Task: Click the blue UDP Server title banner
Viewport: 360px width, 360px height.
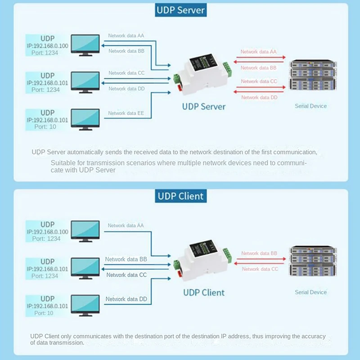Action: coord(180,10)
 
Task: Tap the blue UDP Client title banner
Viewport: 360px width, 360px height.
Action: coord(180,196)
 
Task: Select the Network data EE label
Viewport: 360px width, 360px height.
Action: coord(126,113)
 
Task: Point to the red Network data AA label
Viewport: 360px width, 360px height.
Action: coord(259,52)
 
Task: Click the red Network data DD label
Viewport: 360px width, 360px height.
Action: coord(259,97)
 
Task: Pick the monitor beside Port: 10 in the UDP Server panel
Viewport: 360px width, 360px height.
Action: coord(85,119)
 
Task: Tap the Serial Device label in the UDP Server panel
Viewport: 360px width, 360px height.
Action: coord(310,106)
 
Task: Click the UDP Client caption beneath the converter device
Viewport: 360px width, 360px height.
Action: coord(203,292)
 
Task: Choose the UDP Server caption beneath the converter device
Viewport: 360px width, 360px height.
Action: coord(203,107)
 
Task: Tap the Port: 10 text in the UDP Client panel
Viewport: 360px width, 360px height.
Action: coord(44,313)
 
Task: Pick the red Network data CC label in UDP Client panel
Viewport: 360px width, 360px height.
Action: coord(260,269)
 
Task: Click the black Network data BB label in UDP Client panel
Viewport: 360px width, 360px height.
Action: coord(126,260)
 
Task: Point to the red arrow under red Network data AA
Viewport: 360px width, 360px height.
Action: coord(260,58)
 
